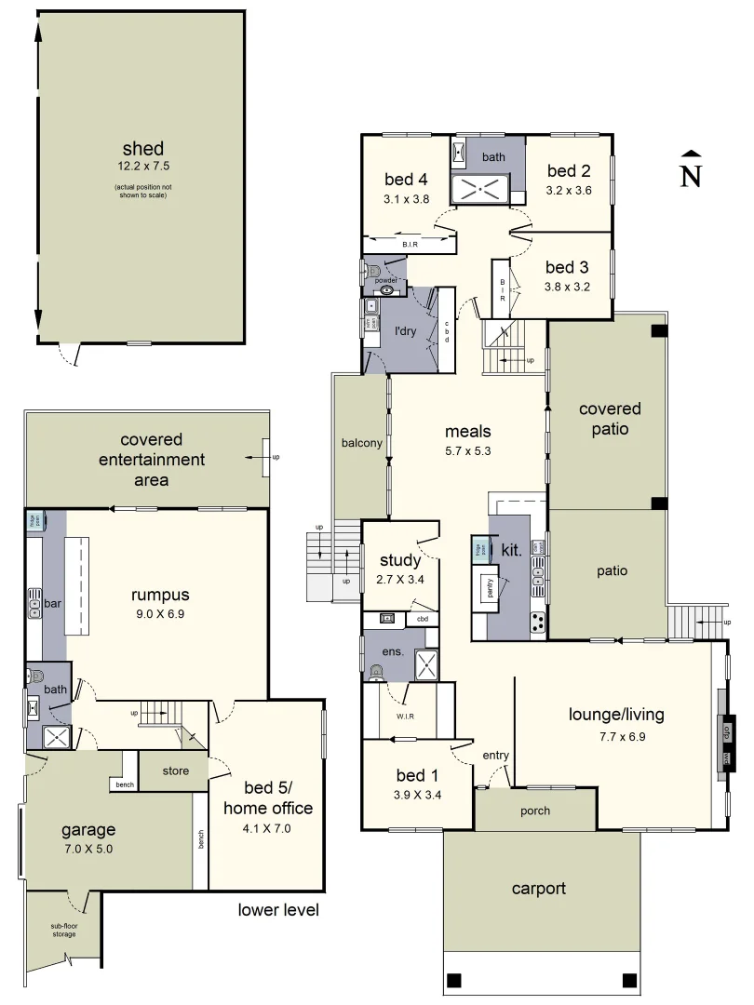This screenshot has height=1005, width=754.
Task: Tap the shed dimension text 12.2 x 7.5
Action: click(x=142, y=167)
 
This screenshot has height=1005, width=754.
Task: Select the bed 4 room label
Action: click(x=406, y=180)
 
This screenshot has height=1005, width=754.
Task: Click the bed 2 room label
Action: click(x=569, y=171)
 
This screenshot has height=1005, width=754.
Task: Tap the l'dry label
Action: click(x=405, y=330)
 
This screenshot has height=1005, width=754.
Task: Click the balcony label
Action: click(x=361, y=444)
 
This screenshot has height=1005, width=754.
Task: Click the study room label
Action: click(x=400, y=561)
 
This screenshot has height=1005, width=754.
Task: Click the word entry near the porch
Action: click(x=496, y=755)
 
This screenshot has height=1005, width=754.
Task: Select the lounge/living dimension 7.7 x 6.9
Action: click(x=616, y=735)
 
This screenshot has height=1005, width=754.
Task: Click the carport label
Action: click(x=539, y=888)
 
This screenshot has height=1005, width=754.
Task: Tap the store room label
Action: click(x=175, y=770)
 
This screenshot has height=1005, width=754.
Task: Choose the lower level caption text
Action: click(x=277, y=910)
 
